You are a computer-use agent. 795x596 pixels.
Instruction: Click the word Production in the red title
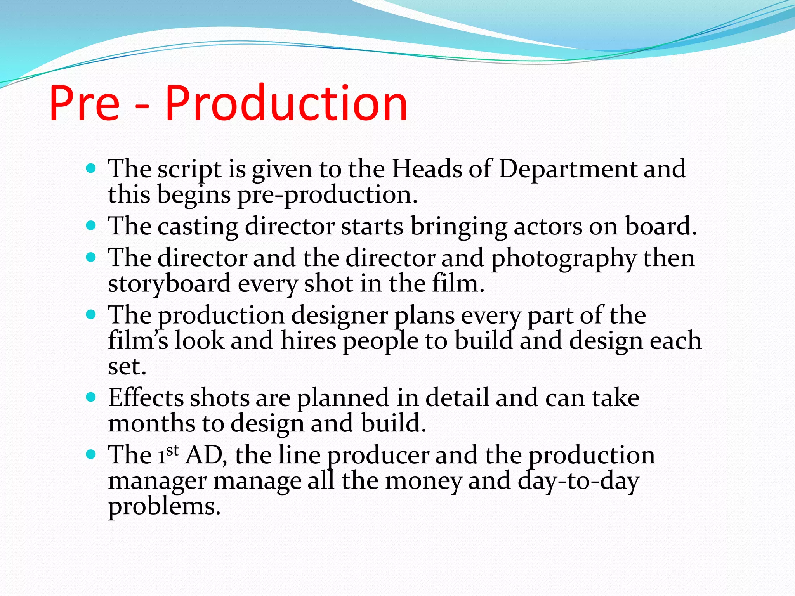point(286,104)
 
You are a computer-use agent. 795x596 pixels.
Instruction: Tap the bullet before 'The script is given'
point(91,168)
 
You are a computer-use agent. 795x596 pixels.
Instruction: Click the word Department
point(568,169)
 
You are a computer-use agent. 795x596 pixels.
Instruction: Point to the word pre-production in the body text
point(327,195)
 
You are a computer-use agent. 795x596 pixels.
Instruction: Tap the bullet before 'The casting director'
point(91,225)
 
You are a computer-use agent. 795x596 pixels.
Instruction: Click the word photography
point(564,259)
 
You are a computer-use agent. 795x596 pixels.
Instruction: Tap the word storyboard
point(170,284)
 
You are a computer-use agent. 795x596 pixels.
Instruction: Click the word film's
point(138,340)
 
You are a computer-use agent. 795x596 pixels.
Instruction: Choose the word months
point(152,423)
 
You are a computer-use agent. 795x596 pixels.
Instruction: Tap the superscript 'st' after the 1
point(173,450)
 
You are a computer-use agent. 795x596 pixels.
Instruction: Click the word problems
point(164,507)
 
